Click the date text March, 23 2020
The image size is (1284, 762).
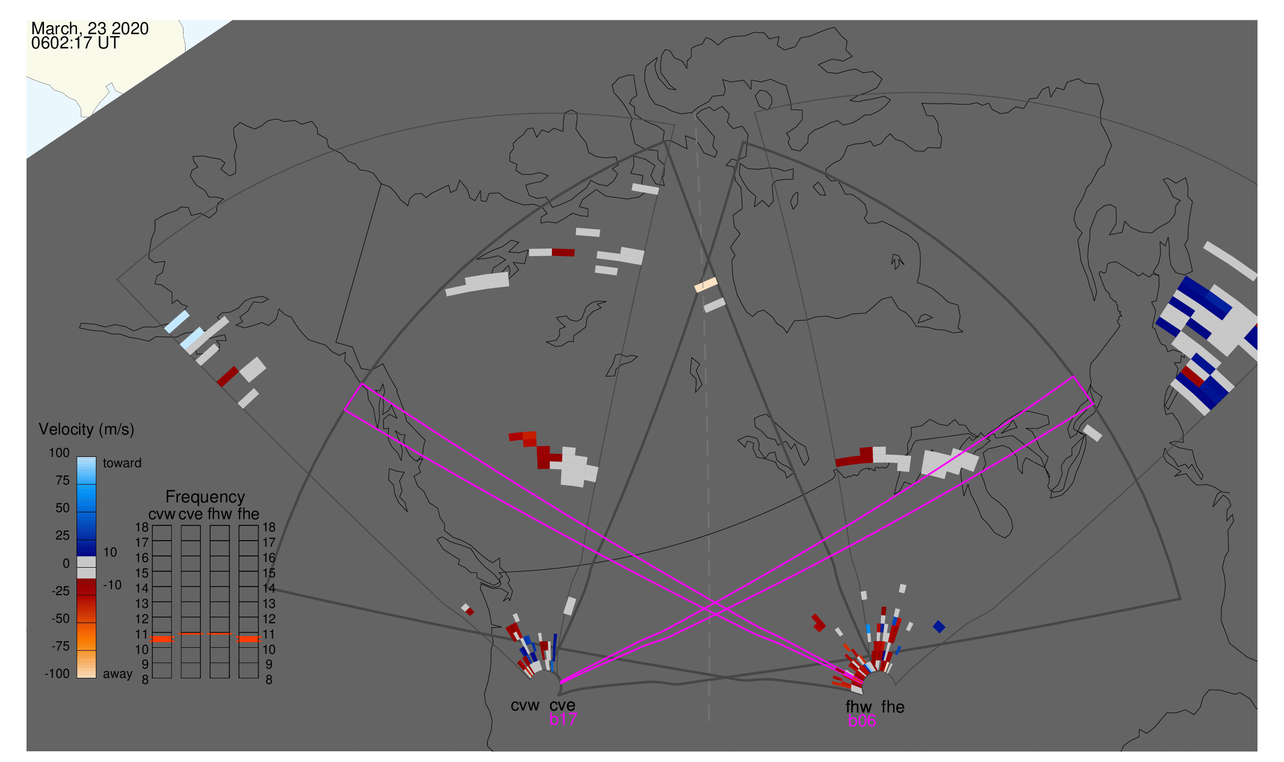[x=90, y=28]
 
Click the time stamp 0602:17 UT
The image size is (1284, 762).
[x=75, y=43]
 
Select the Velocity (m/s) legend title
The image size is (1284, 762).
[x=86, y=429]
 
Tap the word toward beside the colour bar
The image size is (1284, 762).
[x=122, y=463]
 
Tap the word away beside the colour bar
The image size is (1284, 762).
[x=118, y=674]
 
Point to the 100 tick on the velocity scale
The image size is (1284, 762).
[x=59, y=453]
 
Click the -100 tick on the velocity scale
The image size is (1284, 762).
[x=57, y=674]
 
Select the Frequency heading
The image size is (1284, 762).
[x=205, y=497]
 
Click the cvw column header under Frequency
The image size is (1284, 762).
[x=162, y=514]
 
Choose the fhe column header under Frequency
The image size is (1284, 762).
[x=248, y=514]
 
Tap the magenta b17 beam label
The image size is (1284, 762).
[x=563, y=719]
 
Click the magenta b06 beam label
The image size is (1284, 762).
[x=861, y=721]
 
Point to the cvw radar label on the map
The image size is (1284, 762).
[x=525, y=705]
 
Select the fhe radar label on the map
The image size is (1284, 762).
[x=893, y=707]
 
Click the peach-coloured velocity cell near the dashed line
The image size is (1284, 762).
[x=705, y=285]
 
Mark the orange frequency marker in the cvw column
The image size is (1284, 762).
[x=162, y=639]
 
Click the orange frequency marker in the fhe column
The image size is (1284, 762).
[x=248, y=639]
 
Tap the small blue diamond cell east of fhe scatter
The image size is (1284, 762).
[x=938, y=626]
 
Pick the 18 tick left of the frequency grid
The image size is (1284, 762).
[x=142, y=527]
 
